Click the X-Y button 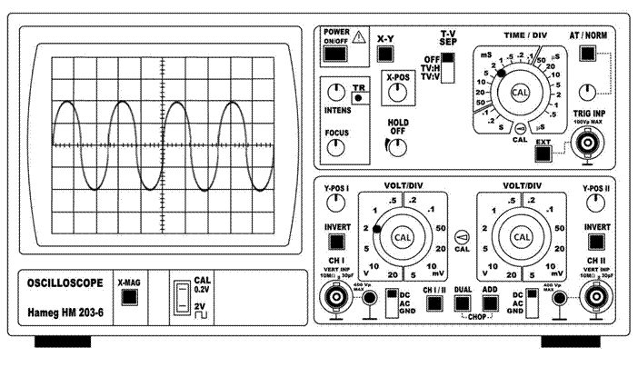click(385, 55)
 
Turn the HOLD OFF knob click(396, 145)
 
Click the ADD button click(491, 304)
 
